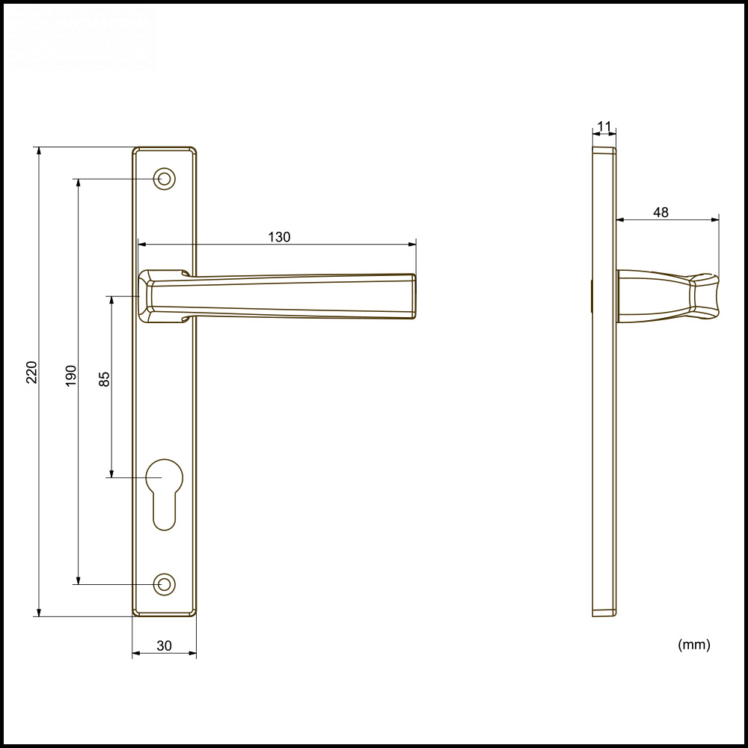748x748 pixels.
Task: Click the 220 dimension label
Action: pos(31,372)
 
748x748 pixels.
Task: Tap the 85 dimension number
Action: pos(105,378)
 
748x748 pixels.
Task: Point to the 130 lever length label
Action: pos(279,237)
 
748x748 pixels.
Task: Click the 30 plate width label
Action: pos(165,646)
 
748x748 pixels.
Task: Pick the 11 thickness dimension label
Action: pos(604,126)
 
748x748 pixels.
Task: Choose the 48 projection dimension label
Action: pos(660,212)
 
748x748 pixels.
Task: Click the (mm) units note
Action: pos(693,644)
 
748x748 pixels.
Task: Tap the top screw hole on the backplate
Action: pos(164,179)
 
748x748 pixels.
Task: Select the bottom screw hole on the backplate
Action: pos(164,584)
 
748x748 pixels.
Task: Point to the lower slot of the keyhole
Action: pos(164,512)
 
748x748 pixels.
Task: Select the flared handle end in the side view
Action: pos(705,297)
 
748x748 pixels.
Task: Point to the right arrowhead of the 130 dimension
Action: pos(412,245)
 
